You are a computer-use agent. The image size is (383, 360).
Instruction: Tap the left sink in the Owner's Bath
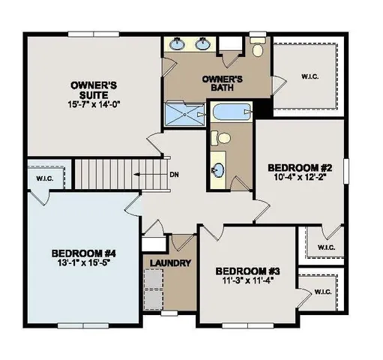pyautogui.click(x=179, y=44)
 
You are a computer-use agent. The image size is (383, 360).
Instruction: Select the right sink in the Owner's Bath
pyautogui.click(x=202, y=44)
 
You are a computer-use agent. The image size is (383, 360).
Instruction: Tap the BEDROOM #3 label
pyautogui.click(x=247, y=270)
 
